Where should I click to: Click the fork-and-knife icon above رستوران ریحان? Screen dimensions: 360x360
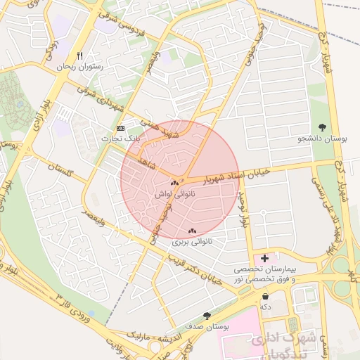[80, 56]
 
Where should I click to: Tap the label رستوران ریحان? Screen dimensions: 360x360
[80, 67]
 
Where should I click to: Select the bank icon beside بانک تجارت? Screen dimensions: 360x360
[120, 129]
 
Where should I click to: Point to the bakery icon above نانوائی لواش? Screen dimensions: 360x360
[174, 183]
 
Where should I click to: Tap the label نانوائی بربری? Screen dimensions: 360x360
[192, 242]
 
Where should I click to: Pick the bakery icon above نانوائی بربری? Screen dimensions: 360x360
[192, 231]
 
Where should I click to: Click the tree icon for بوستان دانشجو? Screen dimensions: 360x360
[323, 127]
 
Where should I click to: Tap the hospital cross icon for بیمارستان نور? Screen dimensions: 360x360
[264, 258]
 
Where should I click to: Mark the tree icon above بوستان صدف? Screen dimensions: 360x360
[206, 316]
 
